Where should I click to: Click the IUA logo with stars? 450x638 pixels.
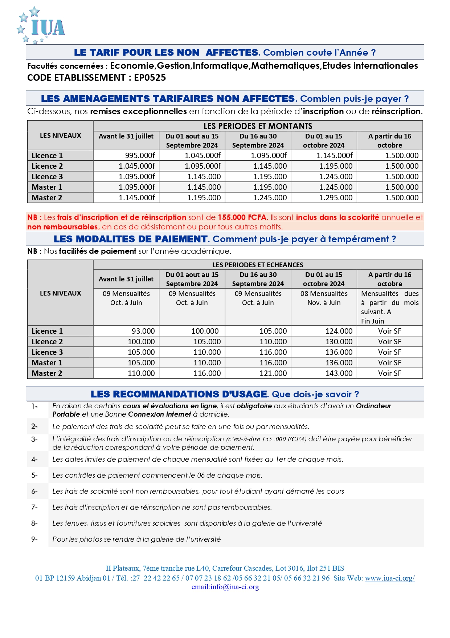coord(41,25)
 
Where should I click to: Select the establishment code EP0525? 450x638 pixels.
coord(150,78)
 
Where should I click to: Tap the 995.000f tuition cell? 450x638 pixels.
coord(140,156)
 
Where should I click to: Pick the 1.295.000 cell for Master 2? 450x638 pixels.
coord(336,198)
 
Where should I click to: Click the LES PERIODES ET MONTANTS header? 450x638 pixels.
coord(258,126)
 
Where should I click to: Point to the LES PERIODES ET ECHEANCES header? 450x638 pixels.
coord(258,265)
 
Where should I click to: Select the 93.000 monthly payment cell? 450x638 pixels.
coord(143,331)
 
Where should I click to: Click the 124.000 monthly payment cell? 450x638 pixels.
coord(339,331)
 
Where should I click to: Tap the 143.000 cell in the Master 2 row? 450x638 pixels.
coord(339,373)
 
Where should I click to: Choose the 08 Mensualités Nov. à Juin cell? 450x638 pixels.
coord(324,298)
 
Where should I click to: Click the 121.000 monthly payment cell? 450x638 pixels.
coord(273,373)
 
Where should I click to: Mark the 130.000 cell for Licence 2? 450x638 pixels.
coord(339,342)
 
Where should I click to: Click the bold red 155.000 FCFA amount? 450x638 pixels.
coord(242,217)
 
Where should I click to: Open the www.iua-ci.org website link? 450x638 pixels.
coord(389,578)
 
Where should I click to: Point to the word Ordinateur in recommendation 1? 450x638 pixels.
coord(373,406)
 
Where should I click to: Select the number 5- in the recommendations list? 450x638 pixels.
coord(34,476)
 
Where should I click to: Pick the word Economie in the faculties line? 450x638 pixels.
coord(132,66)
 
